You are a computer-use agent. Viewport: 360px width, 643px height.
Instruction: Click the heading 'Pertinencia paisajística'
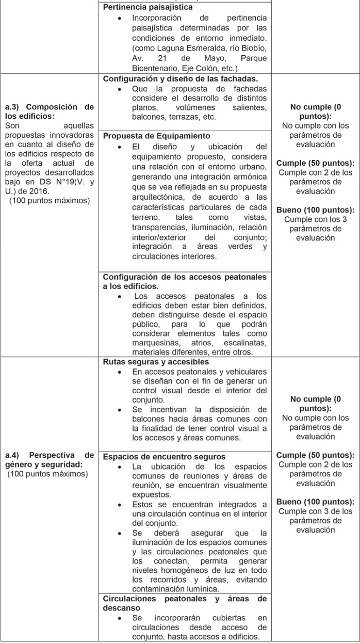[x=148, y=8]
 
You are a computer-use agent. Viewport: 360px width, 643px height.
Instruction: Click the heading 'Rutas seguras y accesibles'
[x=152, y=362]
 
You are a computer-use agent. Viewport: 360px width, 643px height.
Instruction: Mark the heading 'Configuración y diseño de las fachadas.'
[x=181, y=79]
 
